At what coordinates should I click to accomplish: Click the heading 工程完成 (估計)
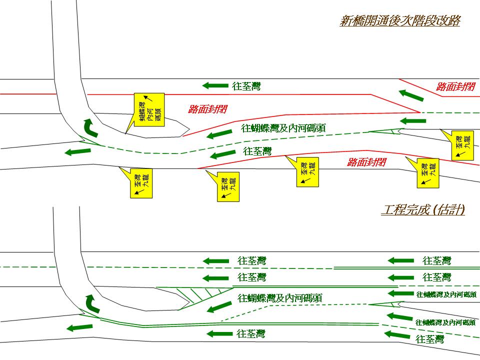(423, 210)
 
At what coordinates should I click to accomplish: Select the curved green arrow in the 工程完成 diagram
(90, 302)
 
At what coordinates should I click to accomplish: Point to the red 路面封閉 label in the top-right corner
(455, 86)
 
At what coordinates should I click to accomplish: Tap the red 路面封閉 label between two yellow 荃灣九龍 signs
(367, 162)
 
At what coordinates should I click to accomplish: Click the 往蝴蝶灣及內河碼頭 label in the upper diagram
(283, 128)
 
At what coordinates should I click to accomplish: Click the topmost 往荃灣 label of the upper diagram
(246, 86)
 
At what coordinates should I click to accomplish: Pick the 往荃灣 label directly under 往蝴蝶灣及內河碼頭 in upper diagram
(257, 151)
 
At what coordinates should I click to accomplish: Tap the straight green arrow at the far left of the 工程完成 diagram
(79, 327)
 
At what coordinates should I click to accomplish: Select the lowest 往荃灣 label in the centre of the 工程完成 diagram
(251, 333)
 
